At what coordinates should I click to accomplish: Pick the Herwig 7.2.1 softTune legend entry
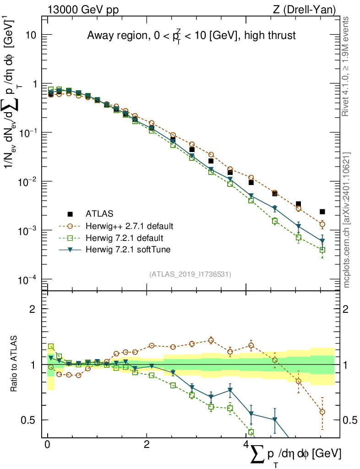tap(128, 250)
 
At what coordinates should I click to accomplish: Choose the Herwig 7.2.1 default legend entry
tap(124, 238)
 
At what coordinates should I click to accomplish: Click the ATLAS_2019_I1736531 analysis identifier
tap(190, 274)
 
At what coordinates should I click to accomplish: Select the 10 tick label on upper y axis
tap(30, 35)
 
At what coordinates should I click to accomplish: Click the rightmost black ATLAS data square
tap(322, 212)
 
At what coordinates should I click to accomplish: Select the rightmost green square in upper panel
tap(322, 250)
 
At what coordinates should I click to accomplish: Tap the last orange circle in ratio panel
tap(322, 412)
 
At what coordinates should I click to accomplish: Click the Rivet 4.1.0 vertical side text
tap(347, 66)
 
